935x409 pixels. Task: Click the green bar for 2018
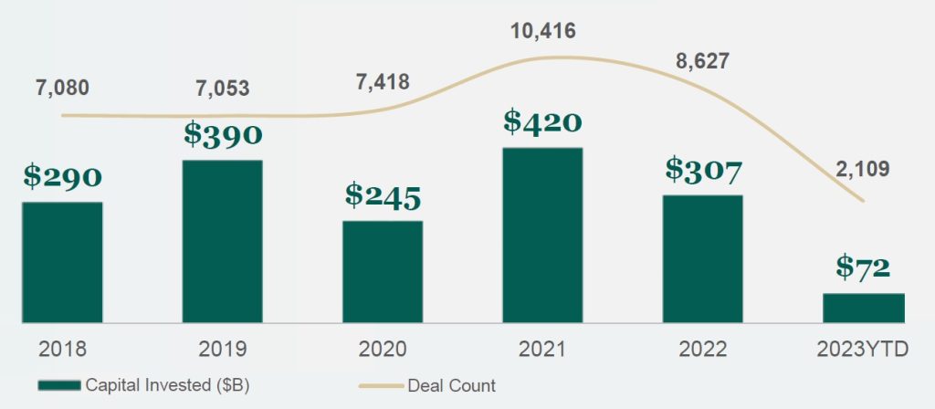coord(62,262)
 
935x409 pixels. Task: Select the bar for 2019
coord(222,241)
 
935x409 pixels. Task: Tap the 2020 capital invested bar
coord(383,271)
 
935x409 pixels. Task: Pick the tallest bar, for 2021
coord(542,235)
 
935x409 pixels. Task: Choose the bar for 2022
coord(702,258)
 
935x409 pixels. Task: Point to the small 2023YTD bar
coord(863,308)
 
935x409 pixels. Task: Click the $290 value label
coord(62,177)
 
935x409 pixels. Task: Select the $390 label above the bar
coord(222,134)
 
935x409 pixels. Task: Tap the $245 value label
coord(383,194)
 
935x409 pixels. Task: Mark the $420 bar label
coord(542,121)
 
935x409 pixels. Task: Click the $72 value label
coord(863,267)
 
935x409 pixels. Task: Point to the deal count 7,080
coord(62,89)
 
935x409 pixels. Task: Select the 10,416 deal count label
coord(542,31)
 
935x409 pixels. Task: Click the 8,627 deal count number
coord(702,62)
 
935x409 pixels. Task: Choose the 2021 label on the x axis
coord(542,349)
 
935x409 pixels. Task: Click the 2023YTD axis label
coord(863,349)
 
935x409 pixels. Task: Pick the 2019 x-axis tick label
coord(222,349)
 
